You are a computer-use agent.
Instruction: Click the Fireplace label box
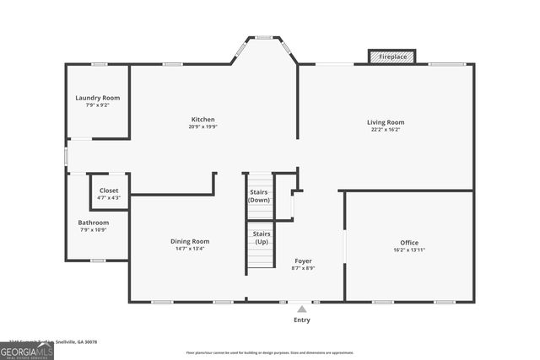(392, 56)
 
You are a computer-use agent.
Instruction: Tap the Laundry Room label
(98, 98)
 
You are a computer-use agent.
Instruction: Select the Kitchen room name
(202, 120)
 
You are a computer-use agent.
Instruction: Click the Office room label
(409, 243)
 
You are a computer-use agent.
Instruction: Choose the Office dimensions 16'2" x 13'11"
(409, 250)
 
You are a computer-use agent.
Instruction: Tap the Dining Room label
(190, 241)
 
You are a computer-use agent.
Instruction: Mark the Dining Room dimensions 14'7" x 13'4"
(190, 249)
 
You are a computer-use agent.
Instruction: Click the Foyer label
(303, 261)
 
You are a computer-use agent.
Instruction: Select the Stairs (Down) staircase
(260, 196)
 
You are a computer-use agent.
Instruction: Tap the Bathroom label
(94, 223)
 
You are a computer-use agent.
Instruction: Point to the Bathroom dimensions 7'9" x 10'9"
(94, 230)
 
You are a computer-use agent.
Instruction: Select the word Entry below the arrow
(302, 320)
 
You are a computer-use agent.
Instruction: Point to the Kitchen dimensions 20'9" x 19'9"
(202, 126)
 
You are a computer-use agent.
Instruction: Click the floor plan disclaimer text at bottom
(270, 352)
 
